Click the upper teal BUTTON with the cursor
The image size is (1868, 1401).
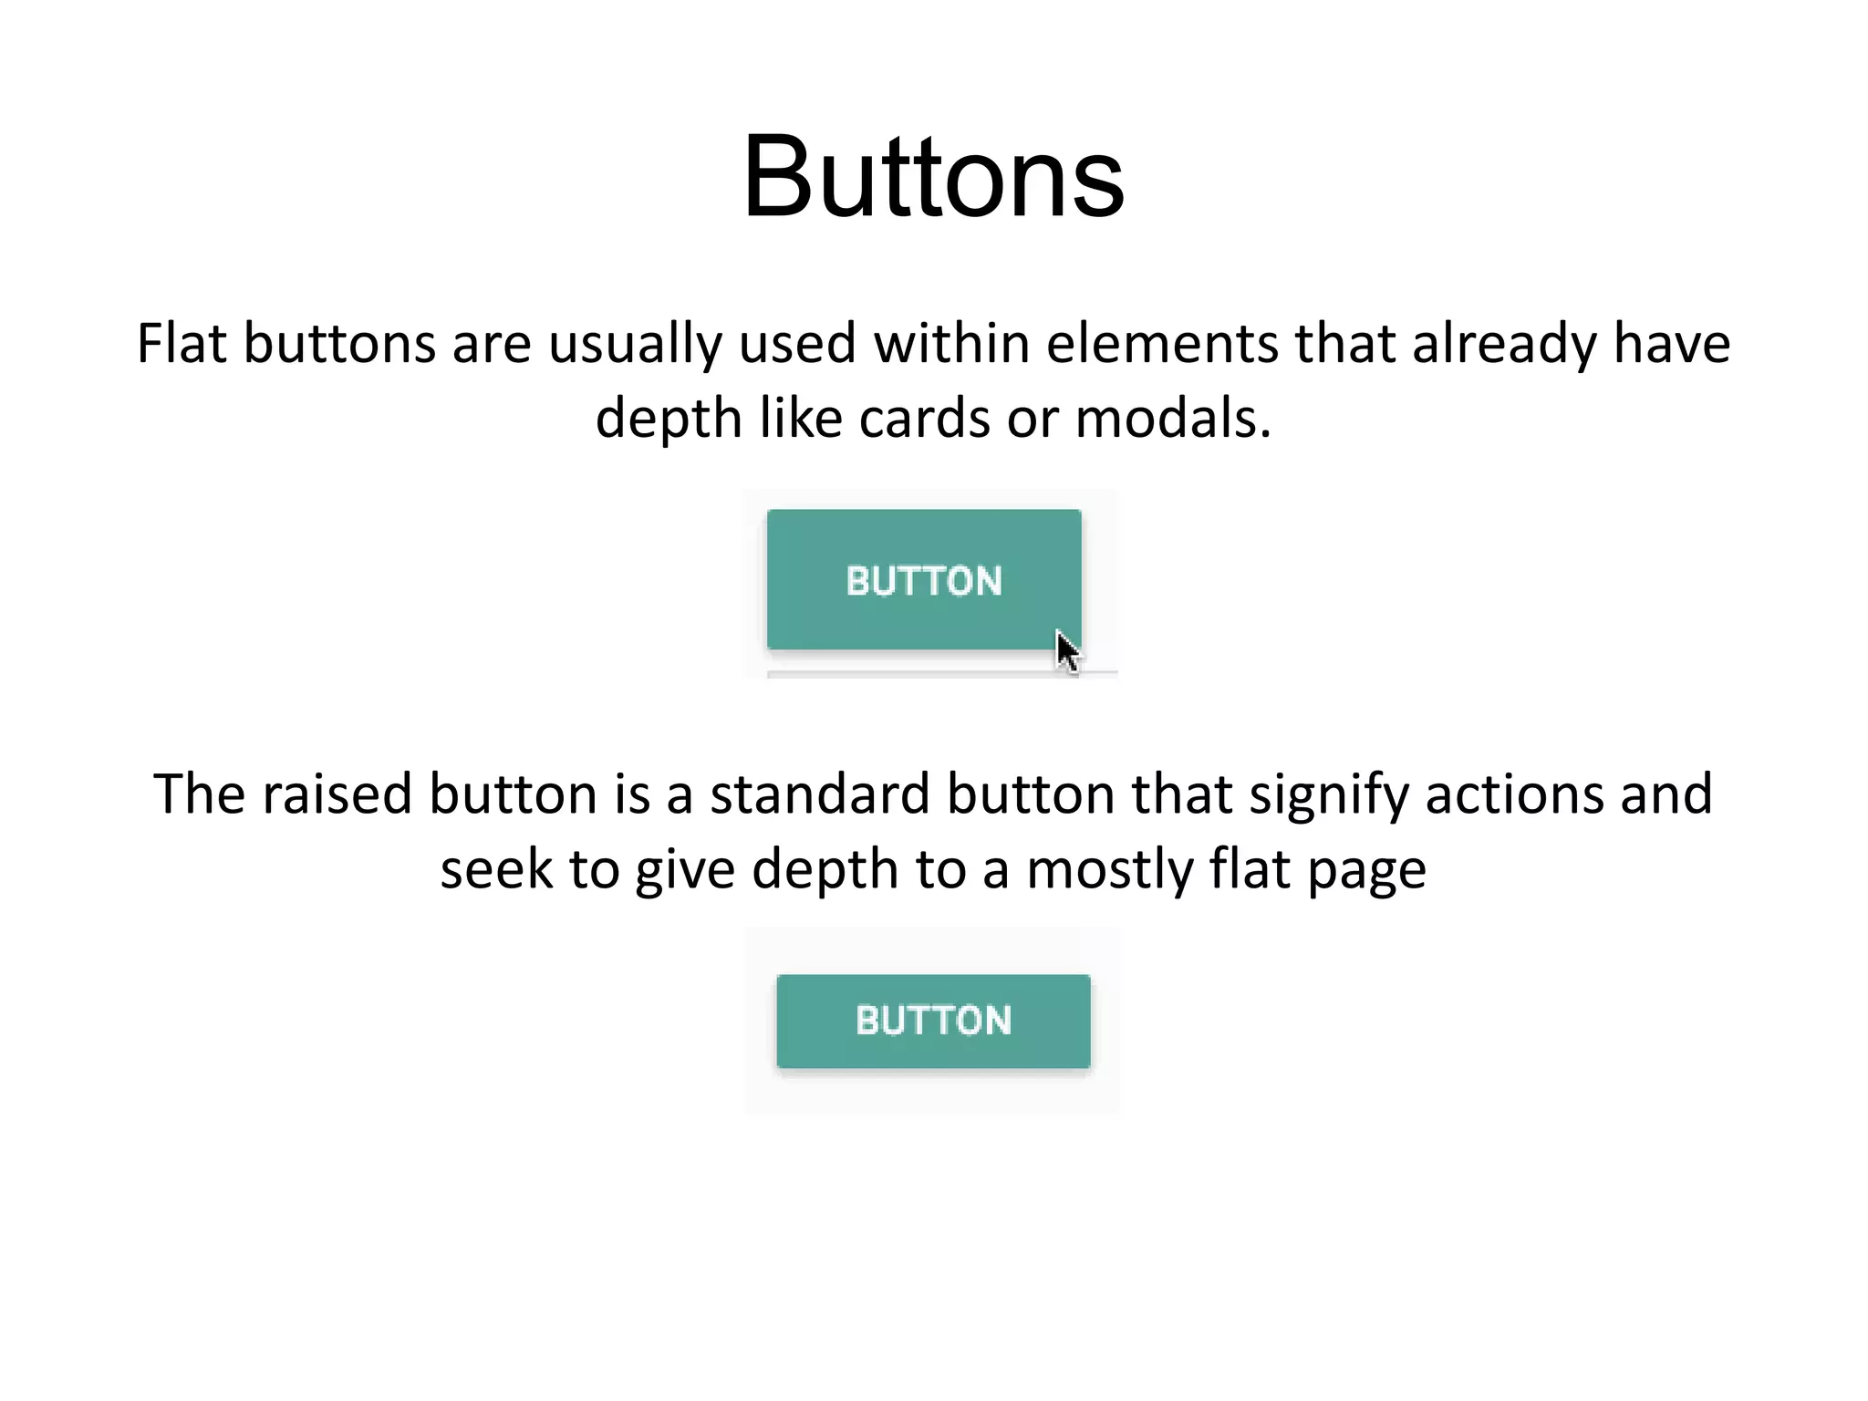click(x=923, y=580)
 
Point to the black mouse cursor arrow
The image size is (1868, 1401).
click(x=1067, y=651)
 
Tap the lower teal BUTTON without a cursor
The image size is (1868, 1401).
click(x=933, y=1021)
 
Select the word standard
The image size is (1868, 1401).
click(x=819, y=794)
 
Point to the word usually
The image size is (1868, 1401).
click(x=635, y=346)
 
